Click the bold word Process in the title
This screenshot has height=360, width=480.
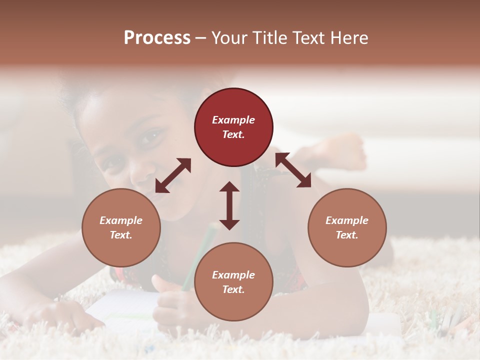pyautogui.click(x=157, y=38)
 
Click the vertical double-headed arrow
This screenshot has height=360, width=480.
pyautogui.click(x=229, y=205)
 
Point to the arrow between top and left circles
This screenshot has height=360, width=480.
pyautogui.click(x=173, y=175)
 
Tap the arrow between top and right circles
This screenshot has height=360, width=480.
pyautogui.click(x=293, y=170)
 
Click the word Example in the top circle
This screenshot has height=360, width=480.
pyautogui.click(x=233, y=120)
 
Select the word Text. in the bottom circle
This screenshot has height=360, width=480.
pyautogui.click(x=233, y=289)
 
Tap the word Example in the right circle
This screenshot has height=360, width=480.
pyautogui.click(x=347, y=220)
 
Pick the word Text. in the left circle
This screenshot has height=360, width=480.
pyautogui.click(x=121, y=235)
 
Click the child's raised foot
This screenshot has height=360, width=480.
pyautogui.click(x=345, y=150)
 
